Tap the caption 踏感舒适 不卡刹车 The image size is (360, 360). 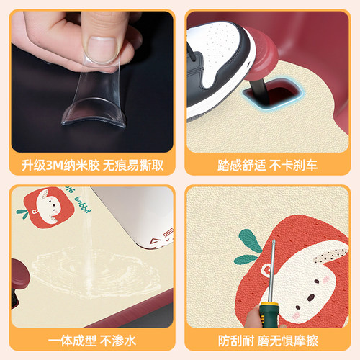click(x=268, y=164)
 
